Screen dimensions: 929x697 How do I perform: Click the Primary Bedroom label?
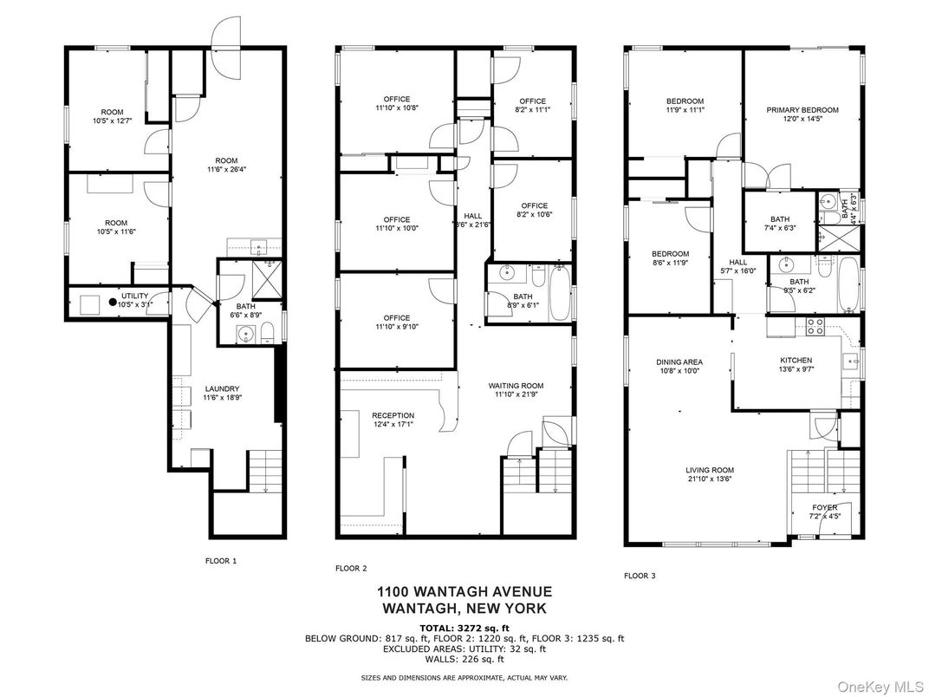802,109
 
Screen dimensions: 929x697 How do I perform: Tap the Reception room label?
393,415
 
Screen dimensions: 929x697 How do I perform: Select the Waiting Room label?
516,386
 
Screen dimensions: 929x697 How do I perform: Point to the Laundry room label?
222,388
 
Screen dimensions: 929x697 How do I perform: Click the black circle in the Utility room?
112,302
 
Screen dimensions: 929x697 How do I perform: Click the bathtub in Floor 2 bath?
560,293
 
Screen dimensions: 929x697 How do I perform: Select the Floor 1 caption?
221,561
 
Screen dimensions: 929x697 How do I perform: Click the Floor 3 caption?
640,576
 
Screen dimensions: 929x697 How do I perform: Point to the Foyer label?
825,507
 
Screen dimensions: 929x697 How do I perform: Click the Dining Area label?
679,362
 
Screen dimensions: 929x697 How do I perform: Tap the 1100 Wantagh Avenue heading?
464,591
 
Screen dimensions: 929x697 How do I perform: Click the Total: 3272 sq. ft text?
464,629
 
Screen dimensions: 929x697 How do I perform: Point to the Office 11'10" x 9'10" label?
396,322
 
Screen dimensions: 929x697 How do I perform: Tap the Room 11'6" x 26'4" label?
226,165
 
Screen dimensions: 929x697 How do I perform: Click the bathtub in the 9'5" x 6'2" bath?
848,284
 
